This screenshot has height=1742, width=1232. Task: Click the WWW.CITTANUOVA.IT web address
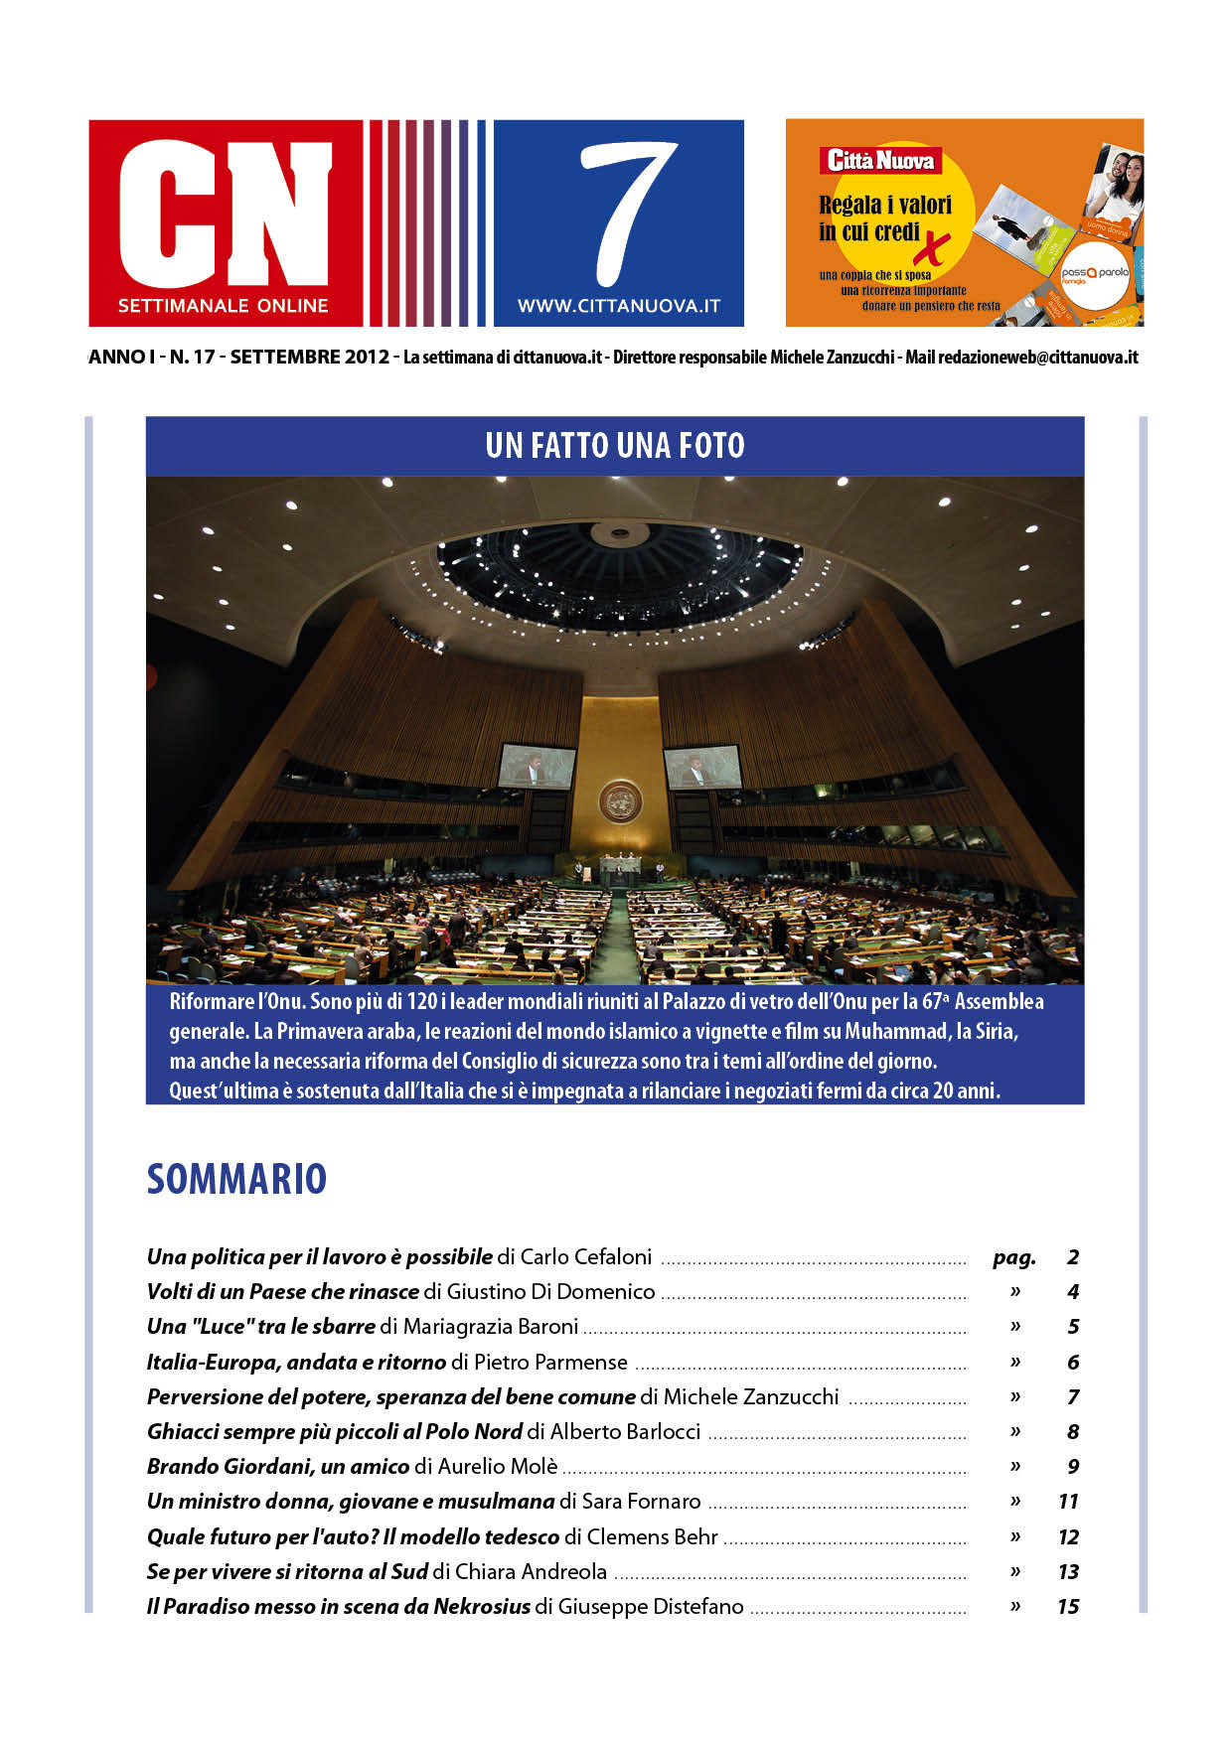point(618,307)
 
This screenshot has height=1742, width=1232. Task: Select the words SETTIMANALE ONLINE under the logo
point(223,306)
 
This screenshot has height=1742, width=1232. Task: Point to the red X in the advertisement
point(933,248)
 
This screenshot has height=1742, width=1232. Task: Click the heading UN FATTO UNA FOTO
point(615,446)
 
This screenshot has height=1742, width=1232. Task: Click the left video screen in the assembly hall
point(537,767)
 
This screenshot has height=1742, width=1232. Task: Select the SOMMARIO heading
point(236,1179)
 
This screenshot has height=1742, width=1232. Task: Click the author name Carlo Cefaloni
point(586,1257)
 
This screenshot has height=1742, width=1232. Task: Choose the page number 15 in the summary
point(1068,1607)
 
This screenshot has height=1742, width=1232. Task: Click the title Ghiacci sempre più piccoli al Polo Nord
point(335,1432)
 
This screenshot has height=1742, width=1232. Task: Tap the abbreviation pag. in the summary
point(1013,1258)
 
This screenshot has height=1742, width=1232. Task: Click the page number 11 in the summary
point(1068,1502)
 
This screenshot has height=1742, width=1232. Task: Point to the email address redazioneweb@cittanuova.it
point(1038,358)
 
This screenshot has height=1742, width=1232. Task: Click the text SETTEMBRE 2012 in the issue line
point(309,358)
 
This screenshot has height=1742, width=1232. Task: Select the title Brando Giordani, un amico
point(278,1467)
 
